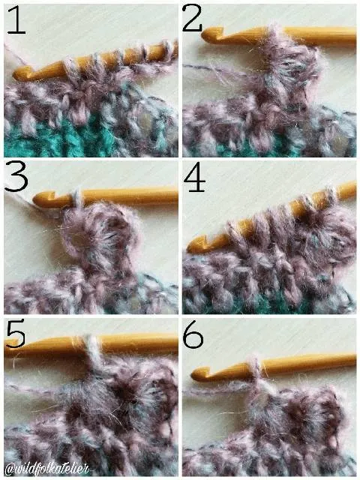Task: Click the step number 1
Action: click(x=16, y=20)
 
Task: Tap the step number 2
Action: click(x=192, y=18)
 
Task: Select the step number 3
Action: click(x=16, y=177)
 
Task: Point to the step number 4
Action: click(x=194, y=180)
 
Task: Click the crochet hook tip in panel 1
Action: click(x=16, y=75)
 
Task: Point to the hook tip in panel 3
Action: click(x=36, y=199)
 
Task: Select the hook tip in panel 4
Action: click(x=190, y=247)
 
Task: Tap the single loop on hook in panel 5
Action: click(x=91, y=349)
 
